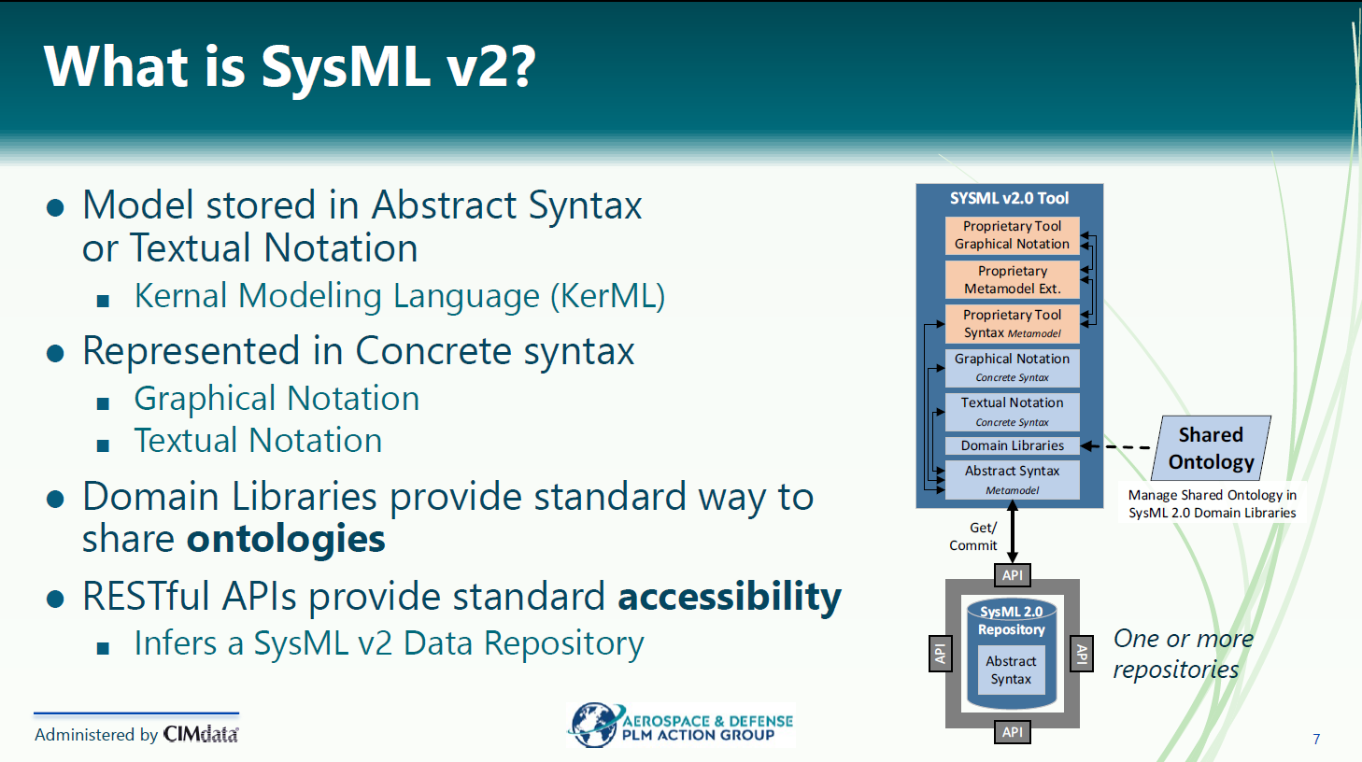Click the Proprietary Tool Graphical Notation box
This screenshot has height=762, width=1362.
(1012, 235)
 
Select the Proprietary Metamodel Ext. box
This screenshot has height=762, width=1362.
(1012, 279)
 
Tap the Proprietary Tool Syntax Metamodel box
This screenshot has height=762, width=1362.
(1012, 324)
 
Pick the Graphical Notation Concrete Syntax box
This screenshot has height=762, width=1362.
(1012, 368)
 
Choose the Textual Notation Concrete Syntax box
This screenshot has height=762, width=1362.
(1012, 412)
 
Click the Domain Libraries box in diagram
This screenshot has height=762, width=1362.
(1012, 445)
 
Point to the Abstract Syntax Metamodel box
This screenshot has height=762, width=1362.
(1012, 480)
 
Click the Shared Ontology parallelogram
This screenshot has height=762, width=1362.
(1211, 448)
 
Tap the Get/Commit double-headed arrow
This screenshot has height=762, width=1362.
(1013, 531)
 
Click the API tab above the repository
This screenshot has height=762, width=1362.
(1013, 575)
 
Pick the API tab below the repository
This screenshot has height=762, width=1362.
(1013, 732)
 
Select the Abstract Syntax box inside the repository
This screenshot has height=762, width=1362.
(1011, 670)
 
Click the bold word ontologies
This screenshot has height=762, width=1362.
(286, 539)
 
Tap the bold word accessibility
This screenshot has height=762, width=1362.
(730, 596)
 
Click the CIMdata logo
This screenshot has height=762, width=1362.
(201, 734)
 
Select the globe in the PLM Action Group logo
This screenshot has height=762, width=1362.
(593, 725)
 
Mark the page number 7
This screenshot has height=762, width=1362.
(1316, 739)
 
